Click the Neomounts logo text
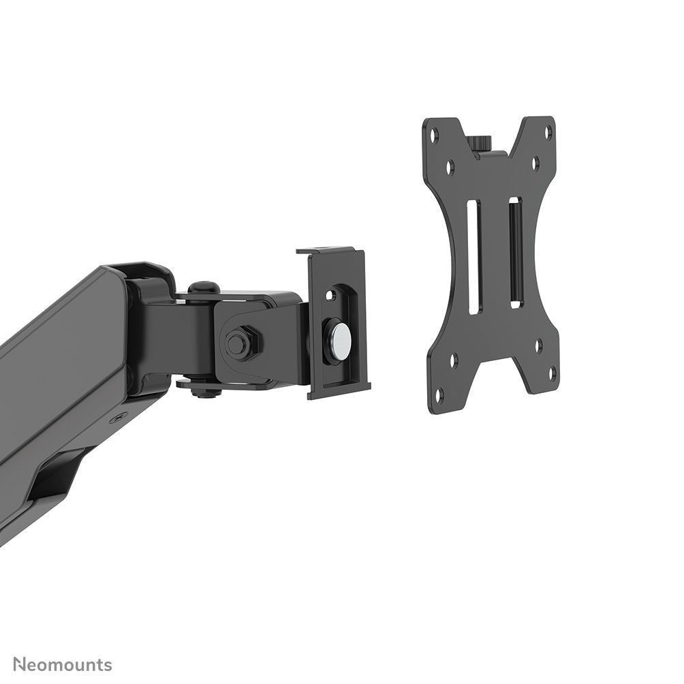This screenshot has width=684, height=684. click(63, 664)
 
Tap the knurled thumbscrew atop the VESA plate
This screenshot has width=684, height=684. click(480, 143)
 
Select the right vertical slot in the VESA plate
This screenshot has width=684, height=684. click(516, 251)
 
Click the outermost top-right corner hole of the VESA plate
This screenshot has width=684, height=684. click(548, 129)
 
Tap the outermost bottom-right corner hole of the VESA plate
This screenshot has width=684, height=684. click(552, 373)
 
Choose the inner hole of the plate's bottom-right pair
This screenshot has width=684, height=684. click(538, 345)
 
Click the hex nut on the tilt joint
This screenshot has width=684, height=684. click(240, 342)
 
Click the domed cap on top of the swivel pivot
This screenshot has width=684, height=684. click(202, 288)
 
